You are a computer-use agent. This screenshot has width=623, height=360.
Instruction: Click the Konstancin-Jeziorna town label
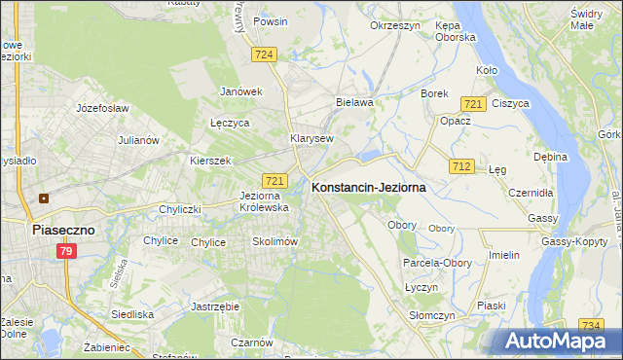(x=368, y=190)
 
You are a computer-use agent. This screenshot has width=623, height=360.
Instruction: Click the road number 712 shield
(x=461, y=167)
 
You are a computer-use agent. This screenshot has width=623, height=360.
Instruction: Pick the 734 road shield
(x=590, y=326)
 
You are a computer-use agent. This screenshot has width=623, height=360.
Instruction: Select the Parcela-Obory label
(x=437, y=263)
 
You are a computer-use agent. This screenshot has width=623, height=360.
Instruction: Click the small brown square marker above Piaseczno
(x=43, y=198)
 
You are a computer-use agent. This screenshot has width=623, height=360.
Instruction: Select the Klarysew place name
(x=311, y=138)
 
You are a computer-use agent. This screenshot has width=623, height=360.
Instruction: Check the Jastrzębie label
(x=216, y=306)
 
